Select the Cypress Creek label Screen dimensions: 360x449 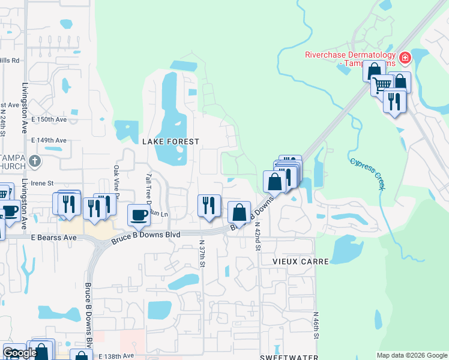[367, 173]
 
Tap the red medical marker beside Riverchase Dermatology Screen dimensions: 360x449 [405, 58]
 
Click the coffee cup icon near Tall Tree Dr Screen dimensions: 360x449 [139, 215]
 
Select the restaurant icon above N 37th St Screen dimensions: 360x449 [209, 205]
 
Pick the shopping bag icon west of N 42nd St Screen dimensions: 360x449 [239, 212]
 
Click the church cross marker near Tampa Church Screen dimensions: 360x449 [35, 161]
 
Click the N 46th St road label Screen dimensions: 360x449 [315, 328]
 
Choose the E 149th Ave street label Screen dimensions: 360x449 [49, 140]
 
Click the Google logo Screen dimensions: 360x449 [19, 353]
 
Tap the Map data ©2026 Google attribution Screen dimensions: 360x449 [411, 355]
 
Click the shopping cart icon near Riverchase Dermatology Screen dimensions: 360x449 [382, 86]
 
